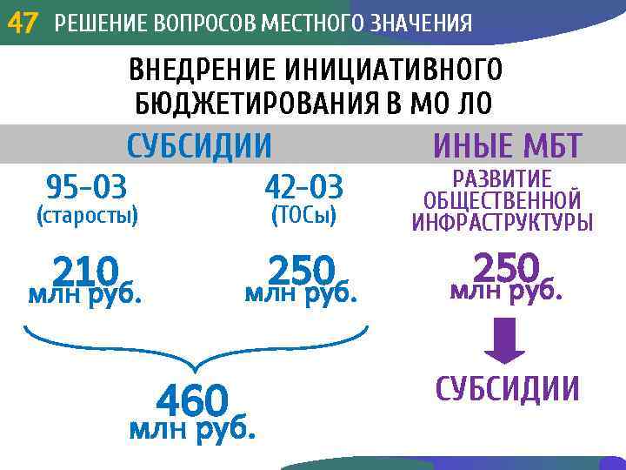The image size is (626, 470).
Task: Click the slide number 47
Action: click(x=23, y=23)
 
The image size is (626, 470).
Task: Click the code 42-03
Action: click(x=303, y=186)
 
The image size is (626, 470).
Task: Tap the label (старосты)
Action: click(x=86, y=215)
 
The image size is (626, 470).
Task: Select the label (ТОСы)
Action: click(x=303, y=215)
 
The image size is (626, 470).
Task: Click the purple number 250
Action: click(x=506, y=266)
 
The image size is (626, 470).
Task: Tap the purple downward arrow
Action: click(x=505, y=340)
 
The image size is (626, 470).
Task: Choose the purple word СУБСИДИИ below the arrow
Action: click(x=507, y=389)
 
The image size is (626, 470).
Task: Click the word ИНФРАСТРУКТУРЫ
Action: click(x=503, y=223)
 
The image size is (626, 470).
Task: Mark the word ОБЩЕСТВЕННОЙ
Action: click(x=503, y=201)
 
